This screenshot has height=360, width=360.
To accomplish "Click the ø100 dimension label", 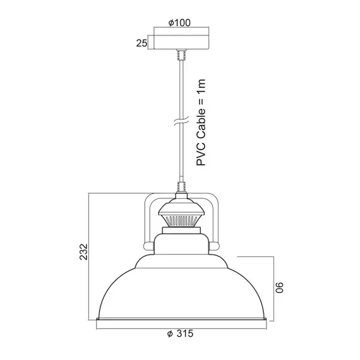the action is pos(179,23).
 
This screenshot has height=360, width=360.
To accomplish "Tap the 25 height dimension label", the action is pos(141,43).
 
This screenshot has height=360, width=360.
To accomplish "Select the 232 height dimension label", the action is pos(83,252).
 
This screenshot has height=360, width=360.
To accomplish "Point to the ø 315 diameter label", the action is pos(180,333).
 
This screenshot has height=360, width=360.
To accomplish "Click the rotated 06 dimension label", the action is pos(279,287).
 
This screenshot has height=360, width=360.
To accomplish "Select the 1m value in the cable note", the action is pos(201,85).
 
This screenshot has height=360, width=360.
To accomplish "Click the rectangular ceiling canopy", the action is pos(181,42).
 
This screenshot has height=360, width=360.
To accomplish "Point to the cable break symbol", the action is pos(181,121).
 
